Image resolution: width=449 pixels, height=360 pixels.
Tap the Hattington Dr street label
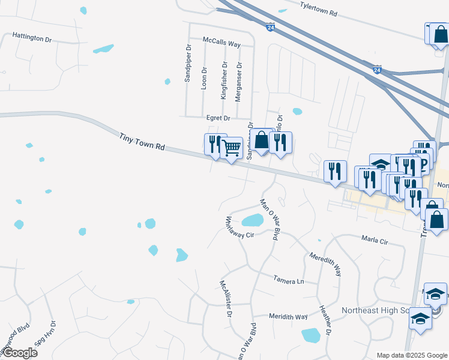click(x=37, y=38)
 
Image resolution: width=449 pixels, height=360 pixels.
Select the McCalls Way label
click(x=221, y=44)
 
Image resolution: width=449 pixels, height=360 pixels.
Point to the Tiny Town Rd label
click(x=142, y=142)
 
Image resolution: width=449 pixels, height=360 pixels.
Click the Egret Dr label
click(x=218, y=118)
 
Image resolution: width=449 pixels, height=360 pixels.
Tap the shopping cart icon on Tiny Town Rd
click(x=232, y=147)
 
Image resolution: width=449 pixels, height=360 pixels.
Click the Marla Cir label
click(x=375, y=240)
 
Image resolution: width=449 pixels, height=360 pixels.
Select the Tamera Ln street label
click(x=289, y=280)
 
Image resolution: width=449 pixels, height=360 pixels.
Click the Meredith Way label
click(x=325, y=264)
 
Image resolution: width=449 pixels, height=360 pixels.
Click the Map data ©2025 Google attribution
click(x=411, y=355)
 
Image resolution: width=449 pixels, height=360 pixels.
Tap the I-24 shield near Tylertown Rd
click(x=270, y=26)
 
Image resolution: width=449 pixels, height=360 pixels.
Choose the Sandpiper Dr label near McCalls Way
click(x=188, y=64)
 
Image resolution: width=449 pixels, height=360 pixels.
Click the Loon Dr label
click(x=204, y=78)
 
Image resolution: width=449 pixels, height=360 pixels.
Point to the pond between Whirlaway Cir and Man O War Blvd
click(x=252, y=220)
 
